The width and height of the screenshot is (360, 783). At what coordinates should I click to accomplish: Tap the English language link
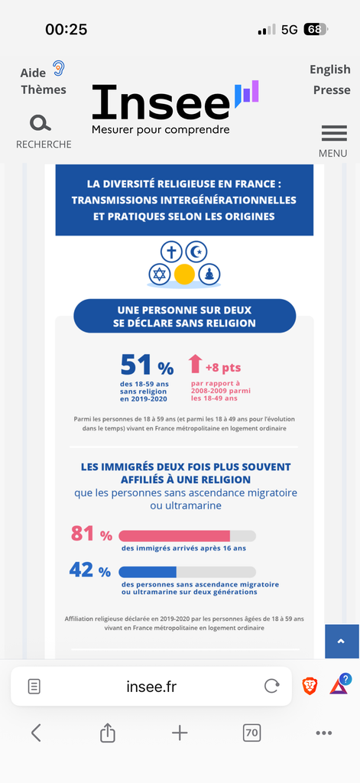coord(329,70)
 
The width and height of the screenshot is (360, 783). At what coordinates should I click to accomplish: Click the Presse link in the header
coord(332,90)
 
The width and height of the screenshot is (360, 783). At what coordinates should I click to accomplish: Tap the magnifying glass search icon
coord(40,123)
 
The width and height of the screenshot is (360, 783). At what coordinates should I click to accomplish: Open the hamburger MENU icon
coord(334,133)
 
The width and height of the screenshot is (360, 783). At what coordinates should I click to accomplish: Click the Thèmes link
coord(44,90)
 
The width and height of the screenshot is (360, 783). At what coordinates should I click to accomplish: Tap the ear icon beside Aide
coord(59,68)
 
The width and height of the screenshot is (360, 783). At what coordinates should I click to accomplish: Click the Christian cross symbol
coord(172,252)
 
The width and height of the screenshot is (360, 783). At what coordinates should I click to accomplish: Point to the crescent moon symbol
coord(196,252)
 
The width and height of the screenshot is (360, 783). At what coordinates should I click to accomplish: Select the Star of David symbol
coord(159,275)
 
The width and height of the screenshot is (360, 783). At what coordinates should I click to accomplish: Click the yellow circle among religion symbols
coord(184,275)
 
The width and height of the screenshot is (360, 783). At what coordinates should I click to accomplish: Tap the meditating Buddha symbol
coord(209,275)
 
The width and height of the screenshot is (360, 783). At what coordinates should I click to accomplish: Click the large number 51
coord(136,365)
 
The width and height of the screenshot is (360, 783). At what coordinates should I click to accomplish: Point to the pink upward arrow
coord(195,364)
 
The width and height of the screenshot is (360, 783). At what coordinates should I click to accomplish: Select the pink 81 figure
coord(83,534)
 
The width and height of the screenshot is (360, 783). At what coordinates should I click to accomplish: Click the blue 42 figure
coord(82,570)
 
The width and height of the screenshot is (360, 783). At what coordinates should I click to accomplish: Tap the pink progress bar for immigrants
coord(174,536)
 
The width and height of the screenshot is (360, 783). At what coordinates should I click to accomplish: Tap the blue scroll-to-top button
coord(342,642)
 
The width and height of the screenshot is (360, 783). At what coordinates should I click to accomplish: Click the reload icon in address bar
coord(271,687)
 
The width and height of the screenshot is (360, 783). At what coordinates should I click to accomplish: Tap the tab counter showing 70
coord(252,733)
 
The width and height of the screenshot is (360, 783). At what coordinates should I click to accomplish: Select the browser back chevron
coord(36,733)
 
